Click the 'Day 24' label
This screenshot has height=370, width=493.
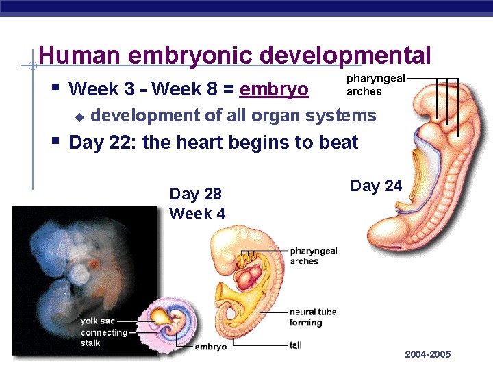[x=376, y=186]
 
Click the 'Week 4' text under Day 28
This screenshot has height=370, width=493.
[x=197, y=213]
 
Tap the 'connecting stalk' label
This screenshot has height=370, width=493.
[x=103, y=337]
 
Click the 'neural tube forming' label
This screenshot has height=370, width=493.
[x=312, y=317]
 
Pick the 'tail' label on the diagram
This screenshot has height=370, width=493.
[x=295, y=345]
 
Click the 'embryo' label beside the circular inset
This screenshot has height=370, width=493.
[x=210, y=347]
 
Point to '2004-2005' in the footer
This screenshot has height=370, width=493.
[x=428, y=354]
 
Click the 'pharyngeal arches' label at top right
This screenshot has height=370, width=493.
[x=366, y=85]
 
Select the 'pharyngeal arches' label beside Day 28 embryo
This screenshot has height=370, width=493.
[x=313, y=256]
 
